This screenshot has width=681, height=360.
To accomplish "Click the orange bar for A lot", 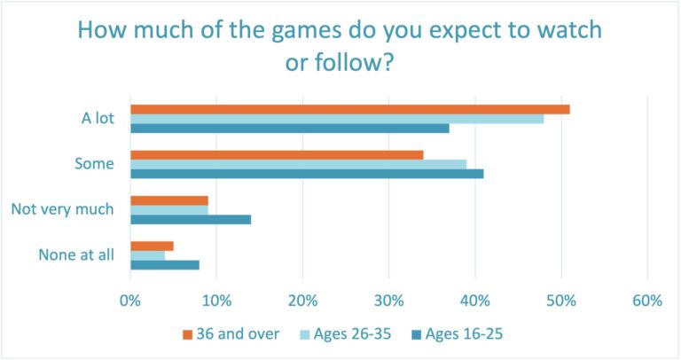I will (349, 109).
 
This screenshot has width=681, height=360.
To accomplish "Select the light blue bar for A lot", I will (337, 119).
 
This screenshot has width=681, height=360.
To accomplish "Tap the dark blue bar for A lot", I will (289, 129).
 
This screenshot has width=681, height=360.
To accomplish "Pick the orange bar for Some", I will (277, 154).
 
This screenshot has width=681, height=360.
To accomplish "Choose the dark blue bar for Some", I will (307, 174).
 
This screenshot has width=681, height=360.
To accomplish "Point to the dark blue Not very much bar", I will (191, 219).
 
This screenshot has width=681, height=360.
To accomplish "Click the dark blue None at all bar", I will (165, 264).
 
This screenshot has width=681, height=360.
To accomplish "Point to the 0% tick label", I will (130, 301).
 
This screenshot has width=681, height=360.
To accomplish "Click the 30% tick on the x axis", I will (389, 301).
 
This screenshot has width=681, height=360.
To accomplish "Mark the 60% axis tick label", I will (647, 301).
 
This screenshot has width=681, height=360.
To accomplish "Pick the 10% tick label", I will (216, 301).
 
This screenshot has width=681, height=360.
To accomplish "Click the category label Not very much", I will (62, 209).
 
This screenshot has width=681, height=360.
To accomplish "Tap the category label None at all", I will (76, 255).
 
